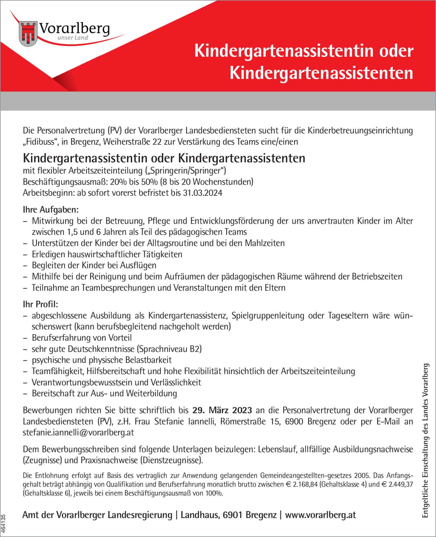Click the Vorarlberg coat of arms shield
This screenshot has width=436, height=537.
tap(28, 34)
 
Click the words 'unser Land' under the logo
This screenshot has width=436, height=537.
tap(73, 38)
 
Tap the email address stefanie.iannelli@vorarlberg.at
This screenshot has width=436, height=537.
tap(78, 432)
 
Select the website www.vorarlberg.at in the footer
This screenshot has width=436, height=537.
tap(320, 515)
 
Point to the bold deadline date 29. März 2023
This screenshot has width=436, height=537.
tap(222, 410)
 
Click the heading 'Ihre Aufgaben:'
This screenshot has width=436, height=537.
tap(51, 209)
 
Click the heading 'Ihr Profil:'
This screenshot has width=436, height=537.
tap(40, 304)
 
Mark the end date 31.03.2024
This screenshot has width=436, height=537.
tap(203, 193)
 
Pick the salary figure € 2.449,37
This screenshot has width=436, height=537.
tap(397, 484)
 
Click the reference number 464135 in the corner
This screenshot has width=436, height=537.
tap(4, 524)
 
